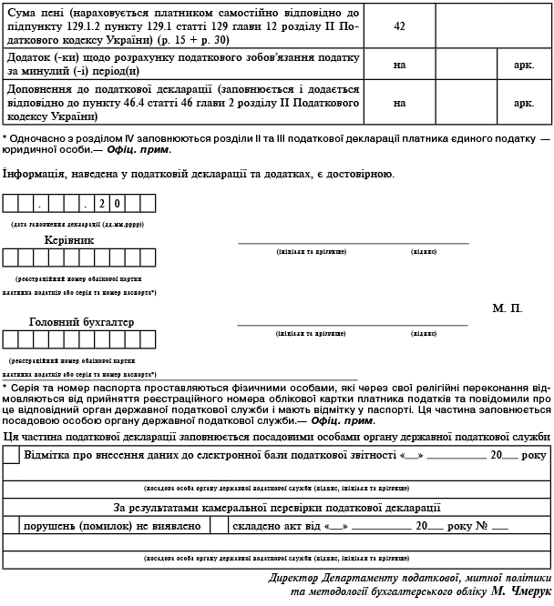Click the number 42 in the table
click(399, 25)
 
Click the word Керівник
click(69, 240)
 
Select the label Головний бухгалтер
click(81, 322)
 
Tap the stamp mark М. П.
click(508, 309)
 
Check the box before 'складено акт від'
click(218, 525)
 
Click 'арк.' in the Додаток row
click(523, 66)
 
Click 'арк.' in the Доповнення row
click(523, 103)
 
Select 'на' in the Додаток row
click(399, 66)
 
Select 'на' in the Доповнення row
click(399, 103)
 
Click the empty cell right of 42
click(492, 25)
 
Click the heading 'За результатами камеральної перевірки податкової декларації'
click(277, 507)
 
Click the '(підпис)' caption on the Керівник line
click(423, 251)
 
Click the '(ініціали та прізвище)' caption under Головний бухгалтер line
click(311, 333)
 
